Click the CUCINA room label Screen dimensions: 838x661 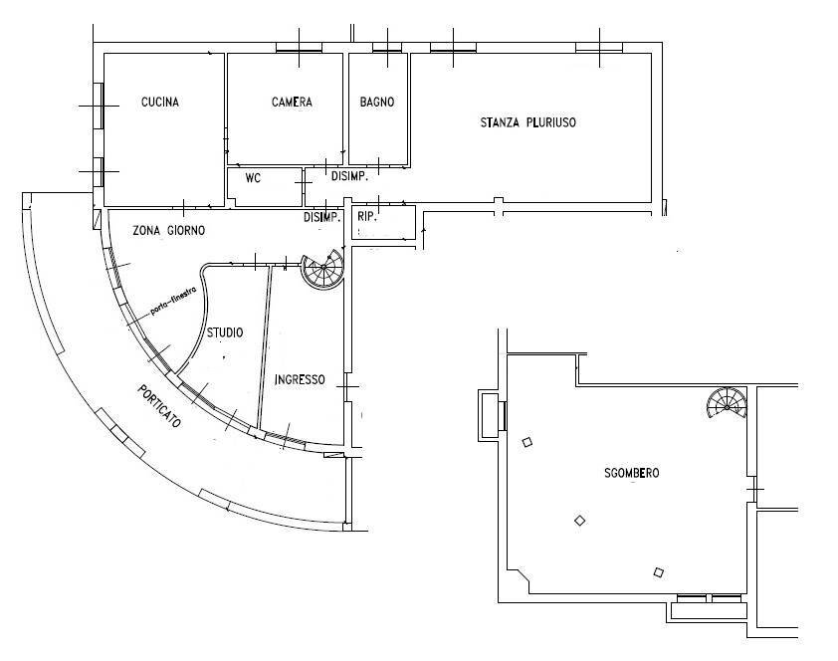160,102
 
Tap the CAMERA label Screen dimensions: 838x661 292,102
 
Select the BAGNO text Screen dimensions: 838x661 377,102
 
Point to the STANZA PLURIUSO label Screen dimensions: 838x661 528,122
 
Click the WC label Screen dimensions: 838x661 253,178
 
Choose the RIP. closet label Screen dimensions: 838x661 366,217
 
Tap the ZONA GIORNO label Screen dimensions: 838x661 168,230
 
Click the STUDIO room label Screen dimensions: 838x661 225,332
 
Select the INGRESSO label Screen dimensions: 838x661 300,379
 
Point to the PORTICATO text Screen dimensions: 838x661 159,406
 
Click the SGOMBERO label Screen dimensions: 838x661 632,473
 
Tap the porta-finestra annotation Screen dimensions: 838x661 174,301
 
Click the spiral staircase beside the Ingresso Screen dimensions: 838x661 322,270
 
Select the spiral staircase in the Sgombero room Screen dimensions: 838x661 727,402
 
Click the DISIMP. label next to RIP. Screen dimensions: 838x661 322,217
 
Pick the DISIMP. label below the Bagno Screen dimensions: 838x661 349,176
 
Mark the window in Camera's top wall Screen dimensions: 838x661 299,48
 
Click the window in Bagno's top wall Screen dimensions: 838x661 387,48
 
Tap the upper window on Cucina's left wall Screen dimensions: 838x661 99,106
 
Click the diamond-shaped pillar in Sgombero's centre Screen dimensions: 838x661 579,520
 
